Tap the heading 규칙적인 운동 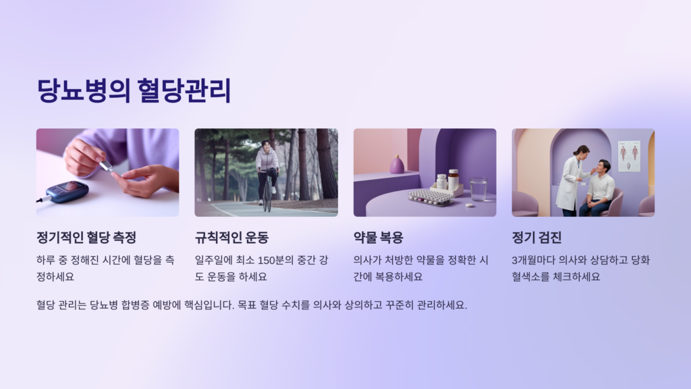pyautogui.click(x=231, y=238)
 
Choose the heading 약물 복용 pyautogui.click(x=379, y=238)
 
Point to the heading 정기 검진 pyautogui.click(x=536, y=238)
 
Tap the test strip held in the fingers pyautogui.click(x=105, y=166)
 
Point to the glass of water pyautogui.click(x=478, y=188)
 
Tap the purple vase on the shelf pyautogui.click(x=397, y=164)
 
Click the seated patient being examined pyautogui.click(x=600, y=188)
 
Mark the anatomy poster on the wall pyautogui.click(x=629, y=155)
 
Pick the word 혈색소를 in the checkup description pyautogui.click(x=534, y=277)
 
